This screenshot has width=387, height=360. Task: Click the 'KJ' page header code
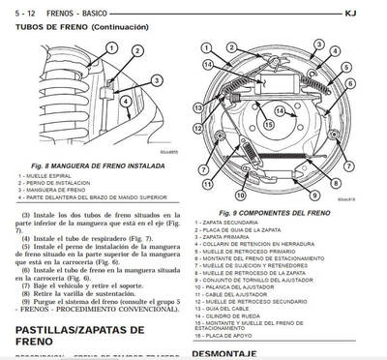[376, 13]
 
